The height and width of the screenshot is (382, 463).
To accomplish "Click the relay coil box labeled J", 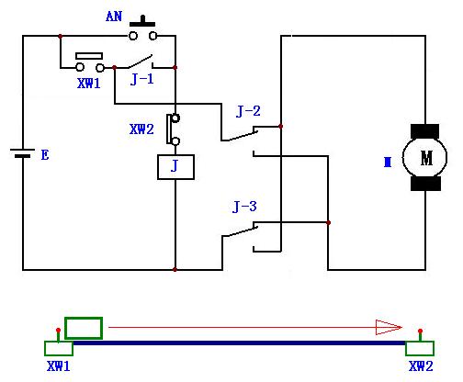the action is click(x=175, y=167).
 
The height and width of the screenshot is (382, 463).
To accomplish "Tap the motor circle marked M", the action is click(x=424, y=157).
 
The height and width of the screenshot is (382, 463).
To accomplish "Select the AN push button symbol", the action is click(x=142, y=28).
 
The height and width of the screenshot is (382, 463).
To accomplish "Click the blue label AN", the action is click(x=114, y=17).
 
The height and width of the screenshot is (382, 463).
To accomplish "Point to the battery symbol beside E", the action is click(x=22, y=152).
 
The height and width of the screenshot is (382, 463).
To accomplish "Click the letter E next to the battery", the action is click(x=45, y=155).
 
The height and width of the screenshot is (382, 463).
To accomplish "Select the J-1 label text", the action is click(x=141, y=80).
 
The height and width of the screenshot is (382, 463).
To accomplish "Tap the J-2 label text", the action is click(x=248, y=111).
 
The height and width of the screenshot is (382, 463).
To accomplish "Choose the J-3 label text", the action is click(x=244, y=207).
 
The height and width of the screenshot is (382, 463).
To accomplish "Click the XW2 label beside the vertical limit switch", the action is click(x=141, y=129).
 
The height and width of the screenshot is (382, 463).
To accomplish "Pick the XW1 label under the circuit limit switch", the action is click(x=88, y=84).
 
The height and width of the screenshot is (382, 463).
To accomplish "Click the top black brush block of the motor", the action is click(x=424, y=131).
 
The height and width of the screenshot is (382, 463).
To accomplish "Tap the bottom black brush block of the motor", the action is click(x=425, y=184).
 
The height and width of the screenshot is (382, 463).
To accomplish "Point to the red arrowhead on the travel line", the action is click(x=389, y=327).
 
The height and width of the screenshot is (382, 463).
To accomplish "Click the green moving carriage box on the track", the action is click(x=84, y=328).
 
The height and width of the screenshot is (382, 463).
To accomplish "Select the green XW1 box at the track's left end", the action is click(x=59, y=348).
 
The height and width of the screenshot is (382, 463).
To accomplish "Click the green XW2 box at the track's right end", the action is click(x=420, y=348).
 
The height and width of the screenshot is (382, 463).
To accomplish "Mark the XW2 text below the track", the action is click(x=421, y=366).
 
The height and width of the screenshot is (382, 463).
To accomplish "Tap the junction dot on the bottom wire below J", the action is click(x=175, y=270).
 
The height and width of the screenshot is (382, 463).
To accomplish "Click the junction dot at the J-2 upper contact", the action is click(x=281, y=126).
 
